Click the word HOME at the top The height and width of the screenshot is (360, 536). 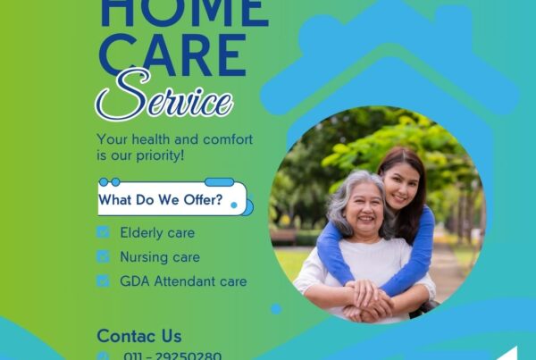[183, 12]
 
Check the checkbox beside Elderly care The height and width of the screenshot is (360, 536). [103, 232]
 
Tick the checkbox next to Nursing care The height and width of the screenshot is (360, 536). [103, 256]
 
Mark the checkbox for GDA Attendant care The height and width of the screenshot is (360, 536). [103, 280]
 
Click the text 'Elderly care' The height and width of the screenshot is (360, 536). [157, 232]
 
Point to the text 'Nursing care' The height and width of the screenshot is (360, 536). [160, 256]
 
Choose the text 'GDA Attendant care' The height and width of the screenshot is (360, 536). [183, 280]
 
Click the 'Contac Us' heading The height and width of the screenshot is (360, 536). [139, 336]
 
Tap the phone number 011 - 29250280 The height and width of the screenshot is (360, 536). [172, 355]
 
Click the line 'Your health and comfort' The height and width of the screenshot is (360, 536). [174, 139]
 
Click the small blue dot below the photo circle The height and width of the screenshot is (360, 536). [276, 308]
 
